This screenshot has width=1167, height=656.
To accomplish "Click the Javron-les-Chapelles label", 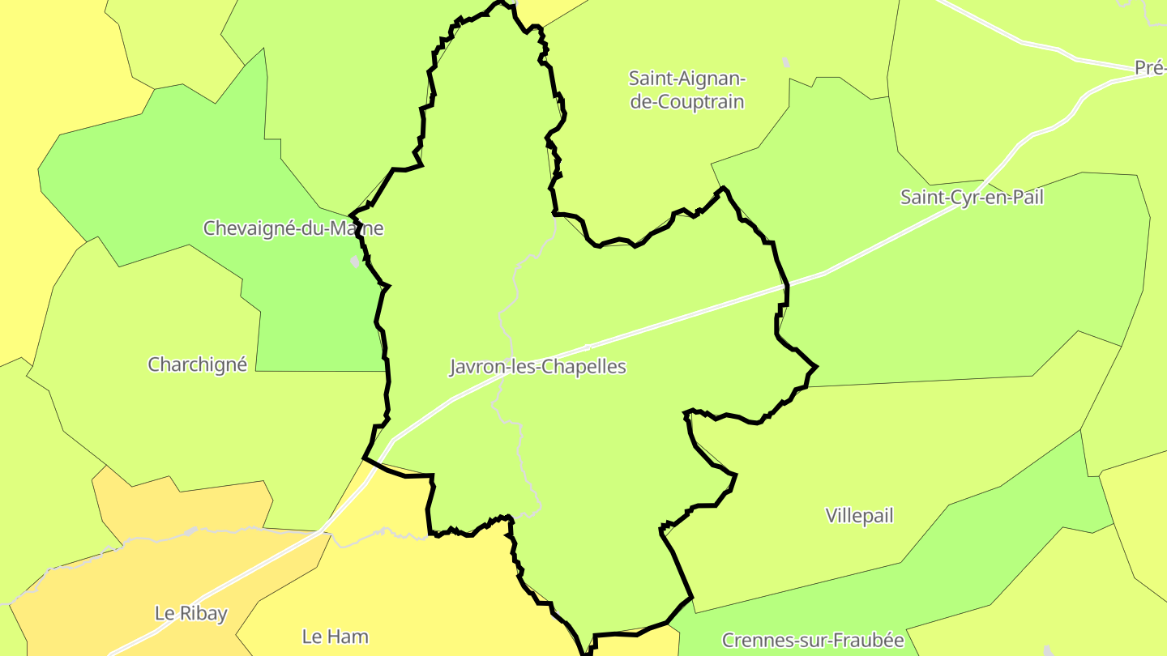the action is [x=538, y=366].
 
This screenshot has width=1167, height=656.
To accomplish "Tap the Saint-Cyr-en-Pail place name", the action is [x=972, y=197].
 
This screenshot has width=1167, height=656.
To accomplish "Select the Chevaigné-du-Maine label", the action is [x=293, y=228].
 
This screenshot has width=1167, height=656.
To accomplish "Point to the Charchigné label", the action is [x=197, y=364].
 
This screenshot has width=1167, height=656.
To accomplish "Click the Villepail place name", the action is [x=859, y=516].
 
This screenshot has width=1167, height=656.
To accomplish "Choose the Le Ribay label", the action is [x=190, y=613].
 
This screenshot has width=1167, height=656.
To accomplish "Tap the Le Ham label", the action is [x=335, y=637].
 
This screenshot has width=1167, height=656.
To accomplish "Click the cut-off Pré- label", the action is [x=1150, y=68].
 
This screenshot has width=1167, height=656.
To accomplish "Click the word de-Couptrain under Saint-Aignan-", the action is [x=686, y=102].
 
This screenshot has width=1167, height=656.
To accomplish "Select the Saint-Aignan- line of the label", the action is [x=686, y=79].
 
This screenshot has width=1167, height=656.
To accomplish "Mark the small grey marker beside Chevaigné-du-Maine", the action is [x=355, y=262].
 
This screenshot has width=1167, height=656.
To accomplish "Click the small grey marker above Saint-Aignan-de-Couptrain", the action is [x=784, y=62].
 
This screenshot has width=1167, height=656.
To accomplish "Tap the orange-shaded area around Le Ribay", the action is [x=122, y=583].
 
